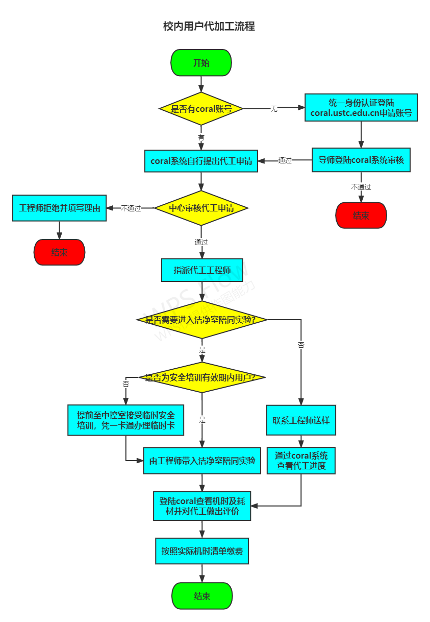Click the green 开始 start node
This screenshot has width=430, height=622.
tap(201, 63)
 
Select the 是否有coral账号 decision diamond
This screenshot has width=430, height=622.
tap(201, 109)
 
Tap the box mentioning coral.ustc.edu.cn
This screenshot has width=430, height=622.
tap(361, 107)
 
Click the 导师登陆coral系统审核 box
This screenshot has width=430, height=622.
tap(361, 160)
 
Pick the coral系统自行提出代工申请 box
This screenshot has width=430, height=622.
tap(201, 161)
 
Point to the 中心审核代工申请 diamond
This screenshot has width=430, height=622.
tap(201, 208)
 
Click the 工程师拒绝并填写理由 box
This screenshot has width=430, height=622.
tap(59, 208)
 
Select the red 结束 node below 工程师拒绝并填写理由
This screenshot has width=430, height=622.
tap(59, 252)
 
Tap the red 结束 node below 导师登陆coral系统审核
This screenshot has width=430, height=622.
tap(361, 216)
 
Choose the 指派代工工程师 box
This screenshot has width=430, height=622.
tap(202, 270)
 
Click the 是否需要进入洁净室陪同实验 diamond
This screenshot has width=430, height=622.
tap(202, 320)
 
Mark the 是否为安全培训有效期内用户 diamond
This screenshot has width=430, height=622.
tap(202, 377)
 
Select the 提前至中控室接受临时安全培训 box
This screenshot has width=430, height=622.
tap(125, 420)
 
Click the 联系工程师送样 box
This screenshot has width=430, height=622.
tap(301, 420)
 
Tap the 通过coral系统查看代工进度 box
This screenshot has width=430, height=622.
tap(301, 461)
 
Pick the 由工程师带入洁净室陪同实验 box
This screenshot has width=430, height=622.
tap(202, 461)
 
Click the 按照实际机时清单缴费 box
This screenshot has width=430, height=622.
tap(202, 551)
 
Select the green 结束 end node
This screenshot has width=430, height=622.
tap(202, 596)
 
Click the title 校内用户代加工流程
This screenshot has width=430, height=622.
tap(209, 27)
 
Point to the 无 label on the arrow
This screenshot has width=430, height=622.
tap(274, 109)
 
